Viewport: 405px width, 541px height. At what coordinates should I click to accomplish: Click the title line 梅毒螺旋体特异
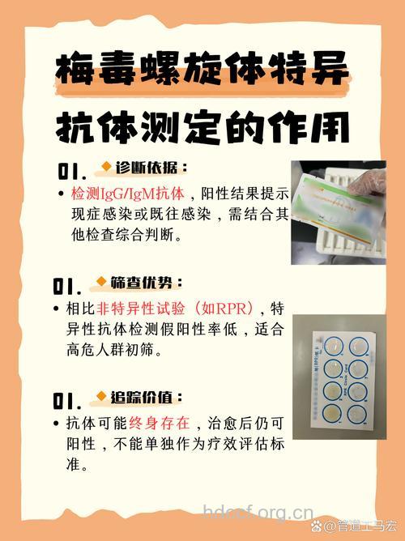(202, 70)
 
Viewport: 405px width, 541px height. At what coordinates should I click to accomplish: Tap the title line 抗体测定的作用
(202, 128)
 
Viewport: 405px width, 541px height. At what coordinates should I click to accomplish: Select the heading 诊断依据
(151, 168)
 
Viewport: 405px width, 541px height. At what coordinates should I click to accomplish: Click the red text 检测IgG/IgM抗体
(128, 194)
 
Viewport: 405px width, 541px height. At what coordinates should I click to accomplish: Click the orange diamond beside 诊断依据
(105, 168)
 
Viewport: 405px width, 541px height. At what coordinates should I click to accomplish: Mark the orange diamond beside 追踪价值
(102, 398)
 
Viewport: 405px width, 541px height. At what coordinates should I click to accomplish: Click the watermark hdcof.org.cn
(257, 512)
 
